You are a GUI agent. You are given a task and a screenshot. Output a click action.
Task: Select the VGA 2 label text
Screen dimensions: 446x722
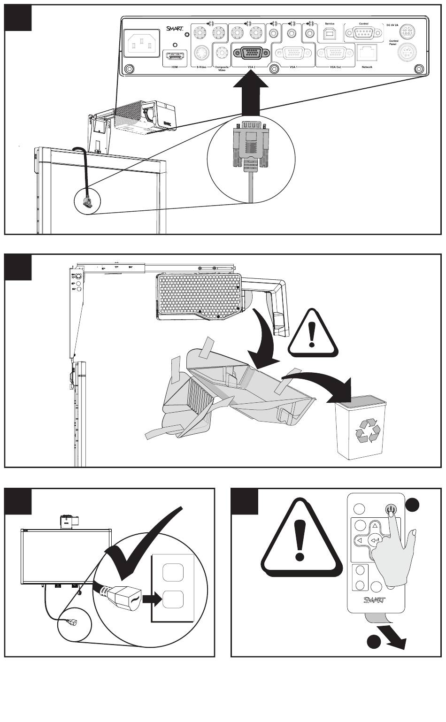point(251,67)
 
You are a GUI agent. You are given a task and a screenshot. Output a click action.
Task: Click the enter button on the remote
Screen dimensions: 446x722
point(375,540)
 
